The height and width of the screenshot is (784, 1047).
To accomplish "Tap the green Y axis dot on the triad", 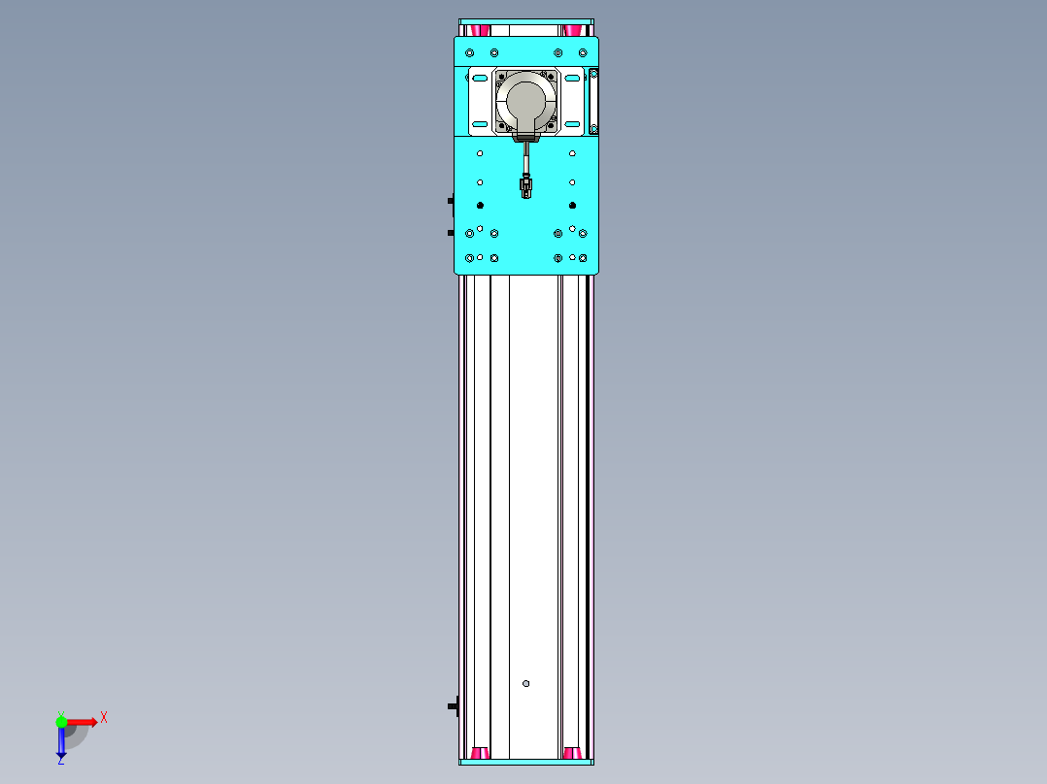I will click(x=61, y=721).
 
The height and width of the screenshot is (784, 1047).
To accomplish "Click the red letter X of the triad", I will click(x=103, y=718).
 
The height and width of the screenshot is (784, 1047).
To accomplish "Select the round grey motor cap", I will click(x=525, y=101).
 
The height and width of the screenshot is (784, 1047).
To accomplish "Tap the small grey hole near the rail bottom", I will click(x=526, y=683).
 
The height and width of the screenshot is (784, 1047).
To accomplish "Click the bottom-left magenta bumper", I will click(x=478, y=753).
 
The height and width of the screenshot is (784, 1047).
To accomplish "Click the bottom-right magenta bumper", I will click(x=573, y=753).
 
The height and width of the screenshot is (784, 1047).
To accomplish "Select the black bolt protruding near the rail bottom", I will click(x=453, y=705).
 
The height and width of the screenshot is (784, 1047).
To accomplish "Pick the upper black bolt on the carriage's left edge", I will click(x=451, y=201).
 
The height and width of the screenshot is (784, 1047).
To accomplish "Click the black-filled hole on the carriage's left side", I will click(x=480, y=205).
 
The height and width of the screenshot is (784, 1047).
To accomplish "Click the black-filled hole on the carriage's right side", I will click(x=572, y=205).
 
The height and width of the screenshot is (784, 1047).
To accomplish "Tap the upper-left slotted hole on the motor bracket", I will click(x=480, y=77).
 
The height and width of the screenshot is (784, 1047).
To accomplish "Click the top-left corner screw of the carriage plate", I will click(x=470, y=52).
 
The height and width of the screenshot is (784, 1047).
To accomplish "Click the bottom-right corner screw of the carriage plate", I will click(x=583, y=258).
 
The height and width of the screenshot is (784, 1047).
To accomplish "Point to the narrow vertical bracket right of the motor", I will click(x=593, y=101).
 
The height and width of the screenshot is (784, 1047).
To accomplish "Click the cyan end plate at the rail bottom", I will click(x=525, y=763).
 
